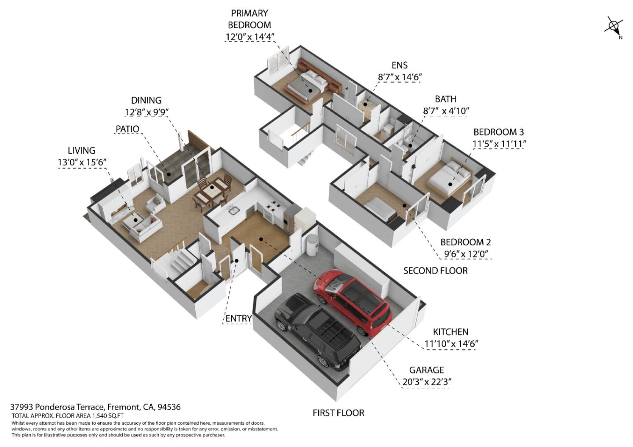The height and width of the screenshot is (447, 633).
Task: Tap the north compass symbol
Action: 614,26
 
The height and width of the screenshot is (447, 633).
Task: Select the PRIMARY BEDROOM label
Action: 249,19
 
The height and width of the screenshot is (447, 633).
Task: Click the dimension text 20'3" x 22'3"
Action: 426,382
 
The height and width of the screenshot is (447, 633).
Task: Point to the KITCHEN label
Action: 450,332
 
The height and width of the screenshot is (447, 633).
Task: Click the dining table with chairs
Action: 212,192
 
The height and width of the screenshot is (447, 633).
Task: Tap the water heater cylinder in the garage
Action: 312,245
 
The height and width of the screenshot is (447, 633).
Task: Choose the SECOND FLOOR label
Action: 435,271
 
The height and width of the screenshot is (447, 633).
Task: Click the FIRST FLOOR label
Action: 338,413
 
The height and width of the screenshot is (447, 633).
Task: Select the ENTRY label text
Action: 238,318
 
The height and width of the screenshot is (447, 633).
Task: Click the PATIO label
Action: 127,129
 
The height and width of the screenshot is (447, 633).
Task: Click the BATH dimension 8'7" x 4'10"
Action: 446,111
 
